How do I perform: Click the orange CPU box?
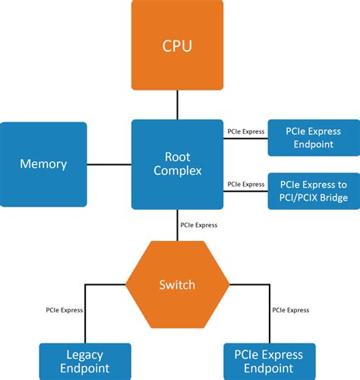click(x=177, y=46)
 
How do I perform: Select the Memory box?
click(x=43, y=164)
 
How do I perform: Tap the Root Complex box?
click(x=177, y=163)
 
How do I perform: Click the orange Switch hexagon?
click(x=177, y=285)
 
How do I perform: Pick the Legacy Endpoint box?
click(x=84, y=361)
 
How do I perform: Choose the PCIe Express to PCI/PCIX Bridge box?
click(x=314, y=192)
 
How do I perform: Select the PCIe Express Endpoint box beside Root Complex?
click(x=314, y=137)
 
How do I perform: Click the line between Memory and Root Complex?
click(x=109, y=164)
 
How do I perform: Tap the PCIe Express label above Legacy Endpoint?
click(x=65, y=310)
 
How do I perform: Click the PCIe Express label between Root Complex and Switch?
click(x=199, y=225)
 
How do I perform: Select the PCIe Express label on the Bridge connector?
click(x=246, y=184)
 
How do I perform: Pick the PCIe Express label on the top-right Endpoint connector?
click(x=246, y=131)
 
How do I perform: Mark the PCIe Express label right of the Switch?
click(x=291, y=310)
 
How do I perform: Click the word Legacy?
click(x=84, y=355)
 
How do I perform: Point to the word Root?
click(x=177, y=156)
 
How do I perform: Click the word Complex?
click(x=177, y=171)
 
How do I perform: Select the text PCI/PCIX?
click(x=296, y=198)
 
